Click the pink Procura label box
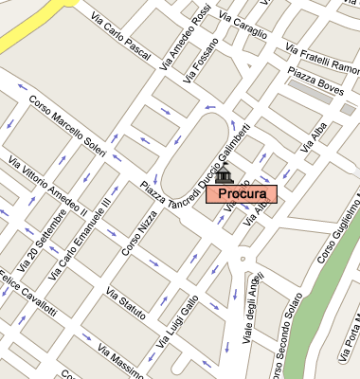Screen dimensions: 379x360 point(240,194)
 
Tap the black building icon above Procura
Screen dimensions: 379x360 point(224,175)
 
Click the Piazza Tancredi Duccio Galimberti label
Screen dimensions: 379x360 point(194,163)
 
